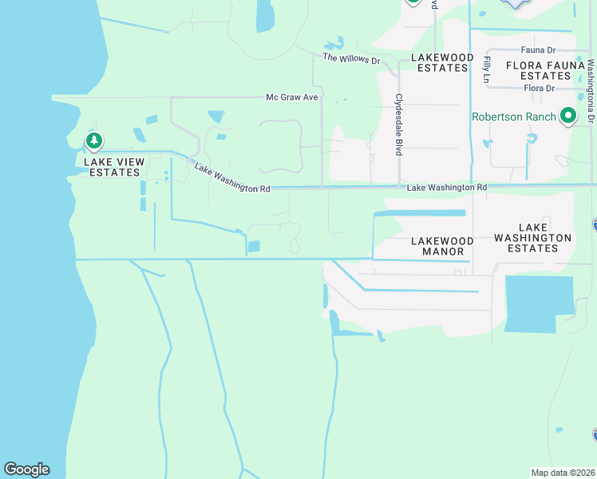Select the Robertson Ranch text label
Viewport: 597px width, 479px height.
pyautogui.click(x=514, y=117)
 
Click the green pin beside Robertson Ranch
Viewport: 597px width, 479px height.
pyautogui.click(x=568, y=117)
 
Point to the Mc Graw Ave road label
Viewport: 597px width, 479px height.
pyautogui.click(x=292, y=97)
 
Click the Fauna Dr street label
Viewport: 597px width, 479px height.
pyautogui.click(x=537, y=50)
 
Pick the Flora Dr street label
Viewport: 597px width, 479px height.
pyautogui.click(x=539, y=88)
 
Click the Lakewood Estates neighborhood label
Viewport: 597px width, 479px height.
pyautogui.click(x=442, y=62)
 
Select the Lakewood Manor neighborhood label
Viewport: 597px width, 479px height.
pyautogui.click(x=442, y=246)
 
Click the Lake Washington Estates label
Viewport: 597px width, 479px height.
pyautogui.click(x=532, y=238)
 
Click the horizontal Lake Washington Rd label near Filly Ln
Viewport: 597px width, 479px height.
pyautogui.click(x=446, y=187)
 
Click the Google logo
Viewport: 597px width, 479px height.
pyautogui.click(x=26, y=469)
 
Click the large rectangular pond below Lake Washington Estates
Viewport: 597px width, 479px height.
pyautogui.click(x=539, y=304)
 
